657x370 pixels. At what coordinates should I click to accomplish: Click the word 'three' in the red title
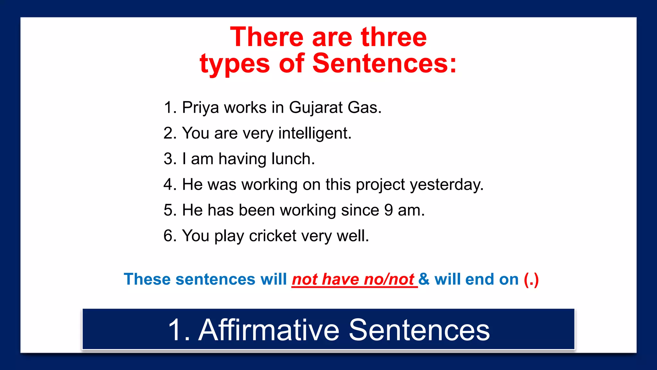click(x=394, y=37)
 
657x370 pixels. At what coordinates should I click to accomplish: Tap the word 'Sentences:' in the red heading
click(x=384, y=63)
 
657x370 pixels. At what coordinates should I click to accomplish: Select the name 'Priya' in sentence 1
click(x=201, y=108)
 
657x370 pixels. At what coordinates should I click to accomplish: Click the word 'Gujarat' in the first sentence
click(x=316, y=108)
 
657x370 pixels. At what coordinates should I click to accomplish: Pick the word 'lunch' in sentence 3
click(x=293, y=159)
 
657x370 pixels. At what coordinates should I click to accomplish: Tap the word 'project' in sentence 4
click(x=380, y=185)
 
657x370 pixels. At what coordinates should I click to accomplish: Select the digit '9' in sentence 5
click(x=388, y=210)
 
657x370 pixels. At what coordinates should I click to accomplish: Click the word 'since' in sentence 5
click(x=360, y=210)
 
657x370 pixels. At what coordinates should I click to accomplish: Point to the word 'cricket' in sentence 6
click(x=273, y=236)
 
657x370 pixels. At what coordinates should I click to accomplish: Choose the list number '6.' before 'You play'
click(x=170, y=236)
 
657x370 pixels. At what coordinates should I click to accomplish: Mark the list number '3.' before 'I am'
click(x=170, y=159)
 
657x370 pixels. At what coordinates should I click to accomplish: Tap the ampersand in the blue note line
click(x=424, y=279)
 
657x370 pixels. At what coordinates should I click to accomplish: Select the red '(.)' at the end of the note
click(x=531, y=279)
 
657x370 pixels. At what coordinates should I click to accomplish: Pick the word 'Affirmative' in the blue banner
click(x=269, y=330)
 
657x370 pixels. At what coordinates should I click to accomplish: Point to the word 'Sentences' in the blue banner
click(x=419, y=330)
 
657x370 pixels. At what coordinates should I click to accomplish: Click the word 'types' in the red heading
click(x=235, y=63)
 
